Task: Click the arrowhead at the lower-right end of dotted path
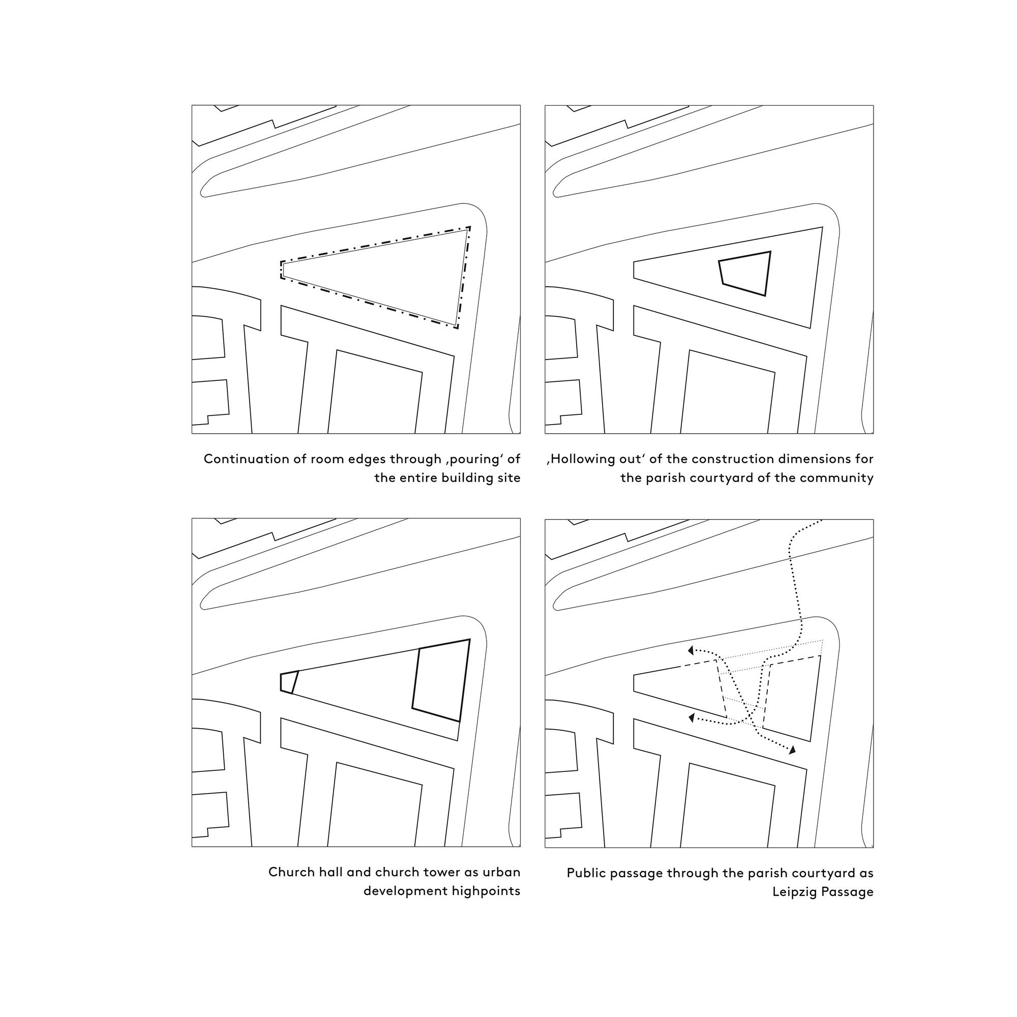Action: pyautogui.click(x=792, y=750)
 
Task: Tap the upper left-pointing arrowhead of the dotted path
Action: pyautogui.click(x=691, y=651)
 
